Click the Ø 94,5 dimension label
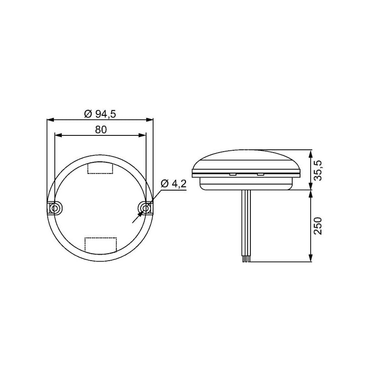[x=100, y=114]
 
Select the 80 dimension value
[x=101, y=130]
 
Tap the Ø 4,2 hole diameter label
[x=173, y=183]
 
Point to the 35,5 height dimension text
[x=318, y=170]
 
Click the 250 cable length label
[x=318, y=226]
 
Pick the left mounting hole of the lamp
[x=55, y=208]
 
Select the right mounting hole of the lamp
[x=146, y=208]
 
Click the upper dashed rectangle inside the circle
[x=100, y=168]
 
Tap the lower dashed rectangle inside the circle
[x=101, y=245]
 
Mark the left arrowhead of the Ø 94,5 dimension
[x=51, y=120]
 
